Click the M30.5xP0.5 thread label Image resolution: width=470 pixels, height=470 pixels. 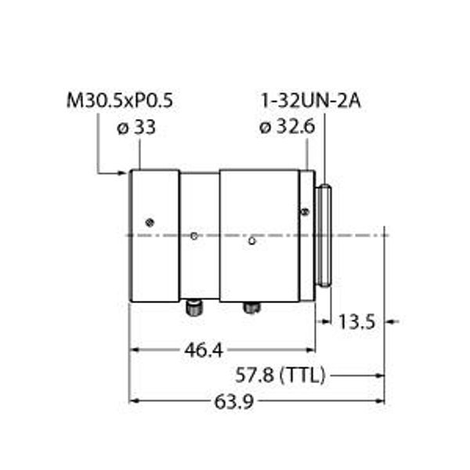tap(119, 100)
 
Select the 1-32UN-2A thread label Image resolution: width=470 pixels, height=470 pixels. tap(311, 101)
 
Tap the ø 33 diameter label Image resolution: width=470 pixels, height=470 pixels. tap(136, 127)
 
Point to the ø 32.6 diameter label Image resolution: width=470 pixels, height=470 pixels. tap(287, 127)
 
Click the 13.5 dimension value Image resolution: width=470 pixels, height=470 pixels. tap(356, 322)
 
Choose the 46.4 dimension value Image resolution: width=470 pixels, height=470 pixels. tap(204, 350)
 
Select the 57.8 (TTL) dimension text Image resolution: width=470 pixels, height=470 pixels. tap(280, 375)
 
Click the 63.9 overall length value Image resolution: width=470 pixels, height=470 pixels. tap(234, 402)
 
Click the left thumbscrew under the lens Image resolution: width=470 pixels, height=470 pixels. tap(194, 308)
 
